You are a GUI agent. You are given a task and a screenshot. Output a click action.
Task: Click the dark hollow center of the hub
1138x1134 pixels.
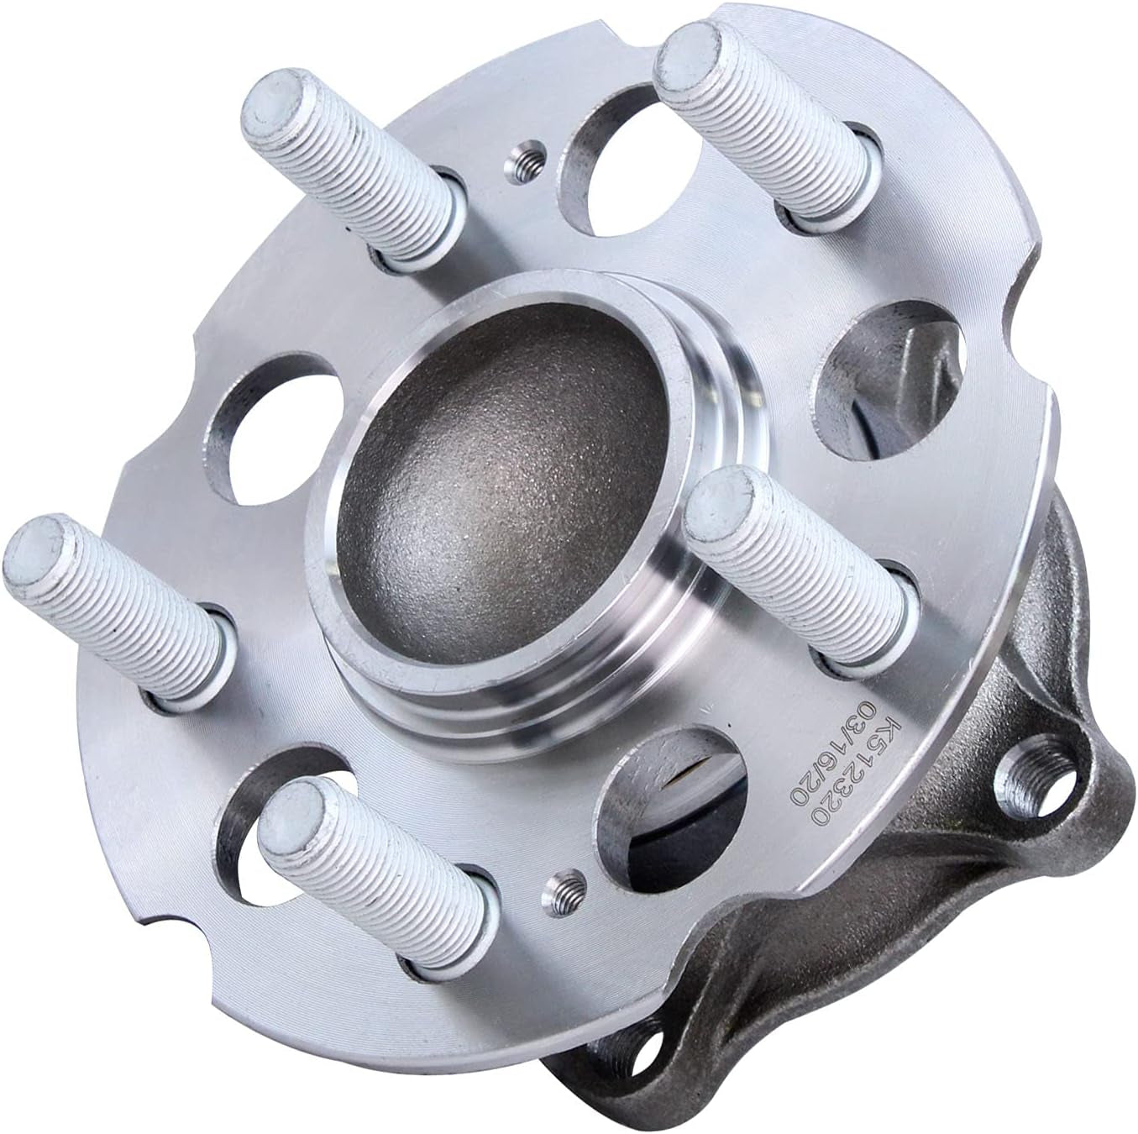496,487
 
